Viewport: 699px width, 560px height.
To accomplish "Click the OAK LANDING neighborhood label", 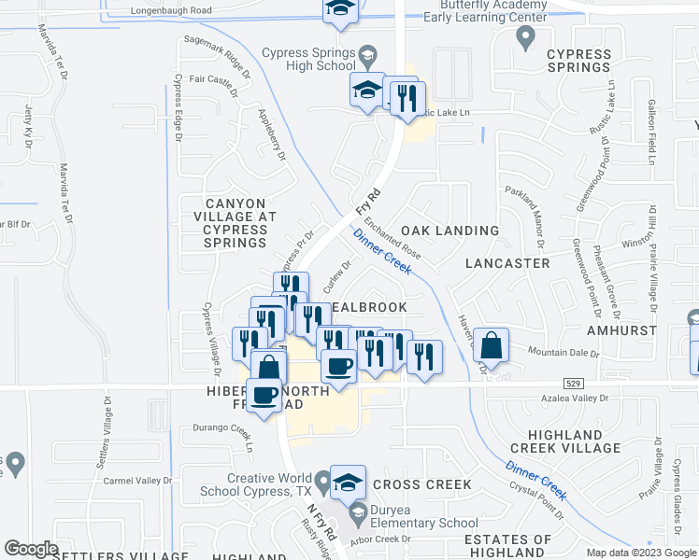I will coord(449,231).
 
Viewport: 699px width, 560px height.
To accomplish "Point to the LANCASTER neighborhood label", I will coord(508,263).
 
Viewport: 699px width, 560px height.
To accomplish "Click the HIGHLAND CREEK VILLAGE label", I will coord(574,441).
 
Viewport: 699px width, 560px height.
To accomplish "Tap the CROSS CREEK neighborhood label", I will coord(422,484).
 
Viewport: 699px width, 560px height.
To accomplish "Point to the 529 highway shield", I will coord(574,383).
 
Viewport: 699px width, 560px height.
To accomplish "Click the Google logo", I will coord(31,549).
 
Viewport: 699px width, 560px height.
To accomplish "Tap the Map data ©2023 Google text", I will coord(640,553).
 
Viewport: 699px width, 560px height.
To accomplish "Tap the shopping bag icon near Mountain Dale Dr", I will coord(491,345).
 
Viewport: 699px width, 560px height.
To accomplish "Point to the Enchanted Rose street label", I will coord(392,238).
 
